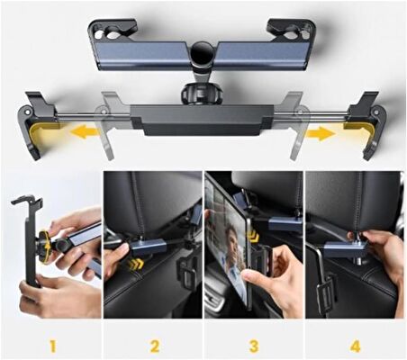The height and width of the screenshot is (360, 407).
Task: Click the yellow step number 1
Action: [x=53, y=346]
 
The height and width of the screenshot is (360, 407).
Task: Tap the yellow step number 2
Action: [x=154, y=346]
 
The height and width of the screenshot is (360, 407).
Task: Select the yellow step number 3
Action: [x=254, y=346]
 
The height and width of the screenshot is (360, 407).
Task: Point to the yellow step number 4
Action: [x=355, y=346]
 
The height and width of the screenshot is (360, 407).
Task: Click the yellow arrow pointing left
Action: [x=85, y=132]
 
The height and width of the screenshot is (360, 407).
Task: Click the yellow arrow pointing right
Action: [x=320, y=133]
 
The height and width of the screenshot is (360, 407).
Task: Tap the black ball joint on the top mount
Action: [x=202, y=53]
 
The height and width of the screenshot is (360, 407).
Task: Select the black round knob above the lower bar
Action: [x=202, y=94]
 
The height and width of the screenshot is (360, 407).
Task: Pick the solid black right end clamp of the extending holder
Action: [x=366, y=124]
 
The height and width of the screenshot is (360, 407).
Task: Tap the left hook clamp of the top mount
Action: [x=113, y=30]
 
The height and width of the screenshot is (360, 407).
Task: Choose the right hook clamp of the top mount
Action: [x=291, y=30]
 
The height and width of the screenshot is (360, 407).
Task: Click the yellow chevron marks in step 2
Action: [x=135, y=264]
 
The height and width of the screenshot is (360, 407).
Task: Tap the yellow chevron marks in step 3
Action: [x=254, y=237]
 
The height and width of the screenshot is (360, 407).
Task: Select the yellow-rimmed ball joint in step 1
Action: [x=44, y=247]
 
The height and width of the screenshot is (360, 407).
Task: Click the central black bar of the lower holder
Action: [x=202, y=120]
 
